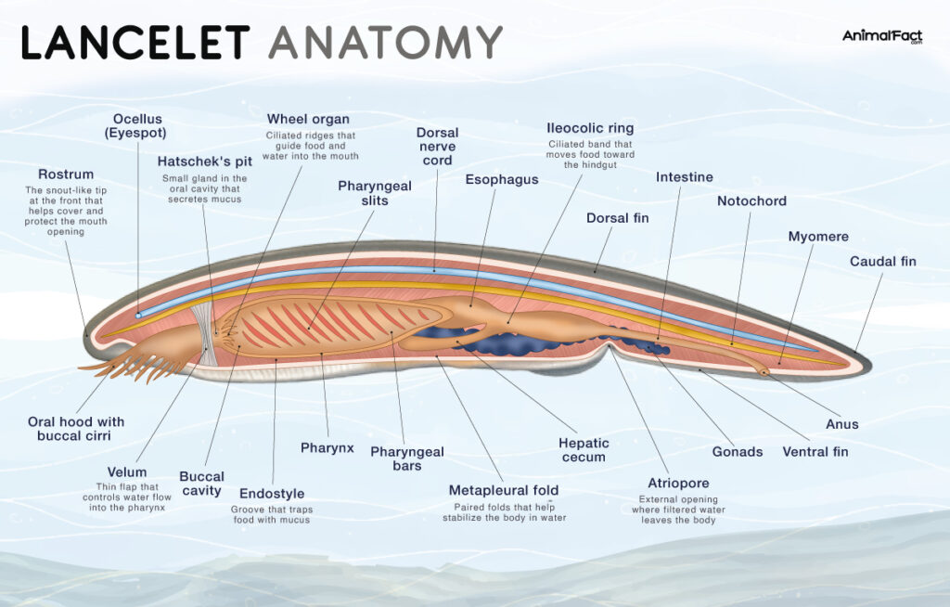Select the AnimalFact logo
coord(882,37)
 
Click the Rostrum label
coord(66,174)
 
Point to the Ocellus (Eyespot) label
coord(138,125)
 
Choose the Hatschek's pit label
coord(204,161)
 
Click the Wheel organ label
coord(308,119)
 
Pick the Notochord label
coord(751,200)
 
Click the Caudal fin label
coord(882,261)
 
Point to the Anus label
coord(842,424)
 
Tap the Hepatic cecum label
coord(584,450)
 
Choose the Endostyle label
coord(272,494)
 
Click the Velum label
coord(127,471)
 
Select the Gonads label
coord(737,451)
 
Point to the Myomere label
coord(817,237)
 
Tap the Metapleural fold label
coord(503,490)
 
